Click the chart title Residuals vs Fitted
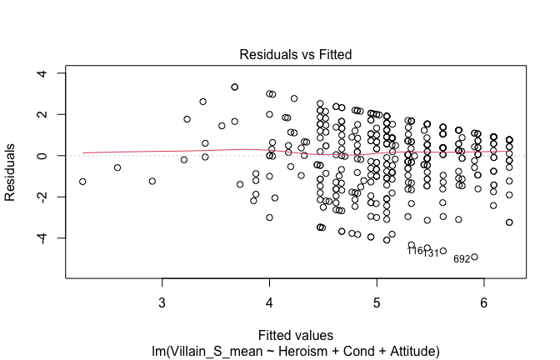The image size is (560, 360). tap(296, 54)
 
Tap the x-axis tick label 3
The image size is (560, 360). tap(162, 301)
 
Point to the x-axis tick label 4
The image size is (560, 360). tap(269, 301)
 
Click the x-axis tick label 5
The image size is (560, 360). tap(377, 301)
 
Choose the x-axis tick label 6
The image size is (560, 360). tap(484, 301)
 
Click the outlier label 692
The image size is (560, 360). tap(462, 259)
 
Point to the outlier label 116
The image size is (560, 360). tap(415, 251)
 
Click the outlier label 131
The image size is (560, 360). tap(431, 253)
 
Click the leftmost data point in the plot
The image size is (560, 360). tap(82, 182)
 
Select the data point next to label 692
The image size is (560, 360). tap(475, 257)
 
